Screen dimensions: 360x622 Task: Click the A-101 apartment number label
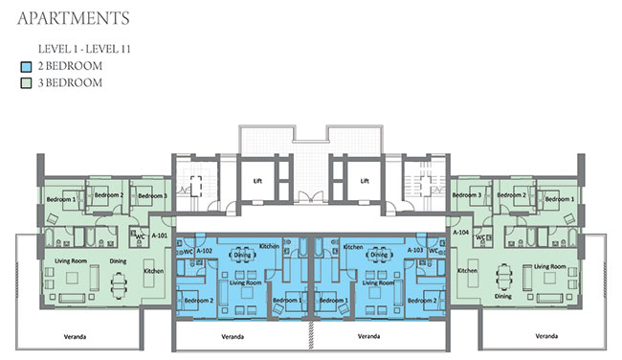160,235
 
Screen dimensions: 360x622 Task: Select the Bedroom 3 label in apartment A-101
151,196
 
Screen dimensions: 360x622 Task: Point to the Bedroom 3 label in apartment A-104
466,195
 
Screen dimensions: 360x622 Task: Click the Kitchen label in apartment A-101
153,272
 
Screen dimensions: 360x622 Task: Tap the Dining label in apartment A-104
502,296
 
